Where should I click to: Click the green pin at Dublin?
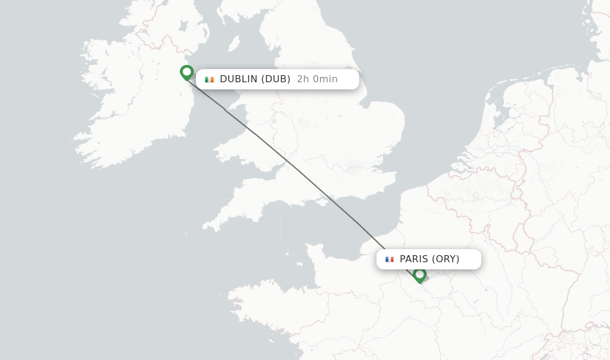pos(186,72)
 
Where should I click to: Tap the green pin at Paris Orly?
pos(419,275)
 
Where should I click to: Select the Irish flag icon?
pos(209,79)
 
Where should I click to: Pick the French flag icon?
pos(390,259)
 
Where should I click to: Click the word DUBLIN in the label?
pos(238,79)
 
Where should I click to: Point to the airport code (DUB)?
pos(276,79)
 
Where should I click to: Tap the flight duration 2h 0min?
pos(317,79)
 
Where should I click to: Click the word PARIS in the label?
pos(414,259)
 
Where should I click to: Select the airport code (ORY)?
pos(446,259)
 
